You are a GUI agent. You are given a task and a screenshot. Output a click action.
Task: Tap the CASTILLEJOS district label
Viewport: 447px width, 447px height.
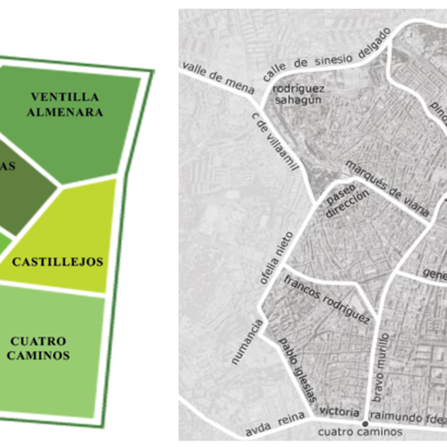[57, 262]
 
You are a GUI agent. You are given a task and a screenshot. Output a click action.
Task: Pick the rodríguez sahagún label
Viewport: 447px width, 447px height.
[299, 94]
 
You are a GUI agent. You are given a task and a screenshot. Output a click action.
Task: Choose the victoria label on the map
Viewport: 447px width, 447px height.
[336, 410]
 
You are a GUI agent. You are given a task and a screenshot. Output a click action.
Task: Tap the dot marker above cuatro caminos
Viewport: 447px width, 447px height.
[365, 423]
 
